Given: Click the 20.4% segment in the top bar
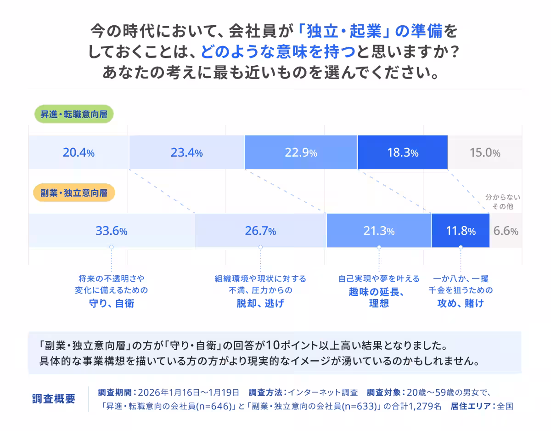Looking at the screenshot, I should (79, 153).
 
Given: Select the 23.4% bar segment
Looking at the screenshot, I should (186, 153).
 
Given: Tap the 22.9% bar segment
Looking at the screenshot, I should (301, 153).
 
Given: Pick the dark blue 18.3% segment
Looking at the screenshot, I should (402, 153).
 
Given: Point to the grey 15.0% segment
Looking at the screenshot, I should (484, 153).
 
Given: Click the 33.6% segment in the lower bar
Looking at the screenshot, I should (111, 231).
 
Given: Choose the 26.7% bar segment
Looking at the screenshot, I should (260, 231).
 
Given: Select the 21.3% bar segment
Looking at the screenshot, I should (379, 231).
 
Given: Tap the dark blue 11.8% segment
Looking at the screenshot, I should (461, 231).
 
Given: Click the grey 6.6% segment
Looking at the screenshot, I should (506, 231).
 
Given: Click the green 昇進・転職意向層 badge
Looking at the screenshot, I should (74, 114).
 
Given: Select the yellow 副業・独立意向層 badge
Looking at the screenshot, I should (74, 193).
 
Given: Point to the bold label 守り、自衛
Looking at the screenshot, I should (111, 304).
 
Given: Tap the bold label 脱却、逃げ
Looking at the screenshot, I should (260, 304).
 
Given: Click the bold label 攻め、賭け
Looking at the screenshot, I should (461, 304).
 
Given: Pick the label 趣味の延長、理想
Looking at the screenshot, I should (379, 298).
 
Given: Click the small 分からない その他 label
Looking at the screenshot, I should (503, 202).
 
